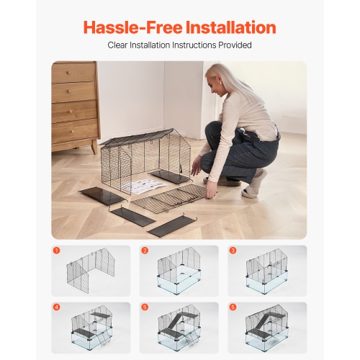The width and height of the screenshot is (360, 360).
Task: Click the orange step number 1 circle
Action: tap(56, 251)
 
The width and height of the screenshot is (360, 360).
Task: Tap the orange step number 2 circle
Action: tap(145, 251)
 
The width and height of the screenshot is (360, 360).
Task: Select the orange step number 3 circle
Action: tap(233, 251)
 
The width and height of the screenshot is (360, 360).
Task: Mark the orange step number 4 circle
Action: tap(56, 307)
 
